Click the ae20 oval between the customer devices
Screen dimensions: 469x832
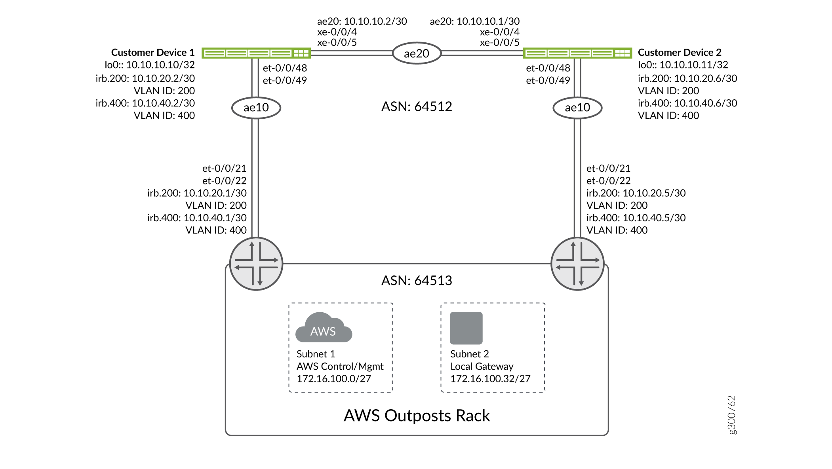pos(417,53)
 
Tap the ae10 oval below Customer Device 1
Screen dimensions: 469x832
pos(256,108)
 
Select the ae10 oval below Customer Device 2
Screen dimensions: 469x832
pos(577,108)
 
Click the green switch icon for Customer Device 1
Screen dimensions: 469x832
pos(256,53)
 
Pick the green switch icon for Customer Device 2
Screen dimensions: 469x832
pos(577,53)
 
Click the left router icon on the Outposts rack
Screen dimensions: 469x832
pos(256,264)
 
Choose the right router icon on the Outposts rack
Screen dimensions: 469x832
pos(577,264)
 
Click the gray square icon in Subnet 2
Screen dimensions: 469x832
pos(466,328)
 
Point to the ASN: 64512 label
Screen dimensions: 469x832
pos(417,106)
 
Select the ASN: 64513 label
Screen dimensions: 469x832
pos(417,281)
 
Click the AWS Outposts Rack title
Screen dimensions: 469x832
pos(417,416)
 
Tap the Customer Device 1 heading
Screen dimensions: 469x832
pos(153,53)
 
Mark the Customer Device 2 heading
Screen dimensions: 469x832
pos(680,53)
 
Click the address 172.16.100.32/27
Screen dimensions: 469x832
pos(490,379)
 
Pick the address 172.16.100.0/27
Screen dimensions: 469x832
pos(334,379)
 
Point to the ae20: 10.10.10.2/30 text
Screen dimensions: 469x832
pos(362,21)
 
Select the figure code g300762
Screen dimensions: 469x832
pos(732,415)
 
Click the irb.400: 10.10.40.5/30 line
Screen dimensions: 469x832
pos(636,218)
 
